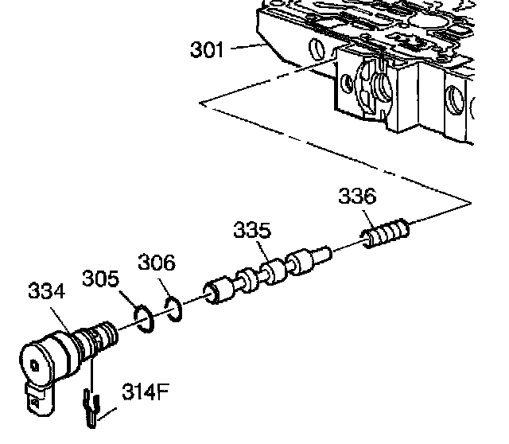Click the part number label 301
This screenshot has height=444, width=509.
click(208, 50)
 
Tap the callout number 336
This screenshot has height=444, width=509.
click(356, 196)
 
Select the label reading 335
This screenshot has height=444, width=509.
click(252, 232)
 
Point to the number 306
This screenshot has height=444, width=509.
click(157, 262)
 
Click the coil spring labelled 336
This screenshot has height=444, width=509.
click(385, 235)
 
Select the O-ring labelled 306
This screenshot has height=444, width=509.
click(174, 307)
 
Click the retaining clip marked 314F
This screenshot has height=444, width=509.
click(92, 408)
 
